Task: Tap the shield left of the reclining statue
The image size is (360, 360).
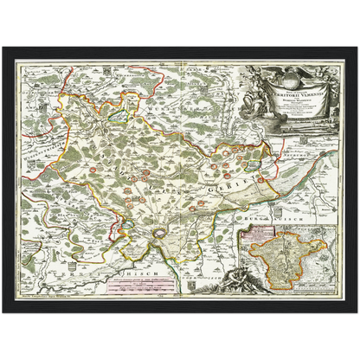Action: point(191,286)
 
